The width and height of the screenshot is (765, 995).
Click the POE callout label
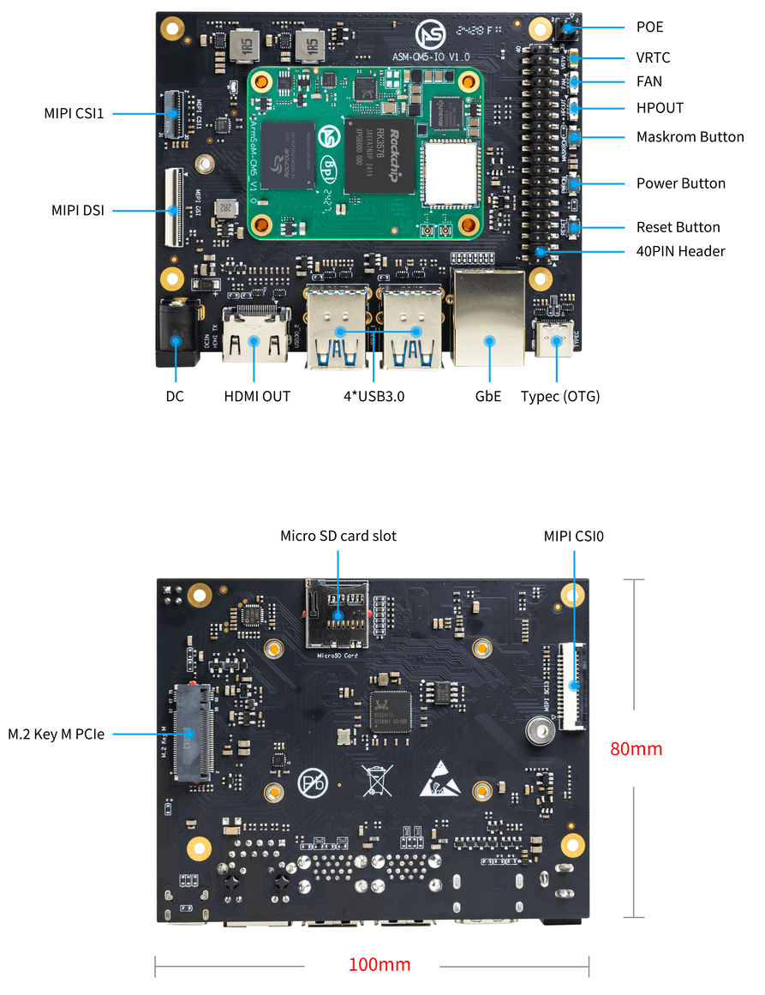tap(649, 27)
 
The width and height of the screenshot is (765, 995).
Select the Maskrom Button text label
tap(690, 137)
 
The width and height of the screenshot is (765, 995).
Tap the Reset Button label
tap(678, 227)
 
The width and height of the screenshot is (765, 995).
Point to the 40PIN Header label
tap(680, 251)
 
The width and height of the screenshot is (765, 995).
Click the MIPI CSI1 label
tap(75, 113)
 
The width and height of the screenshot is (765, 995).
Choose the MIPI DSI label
tap(78, 209)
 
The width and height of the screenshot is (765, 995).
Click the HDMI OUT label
tap(257, 396)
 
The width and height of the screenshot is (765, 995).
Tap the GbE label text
tap(488, 396)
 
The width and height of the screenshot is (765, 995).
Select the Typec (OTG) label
tap(560, 396)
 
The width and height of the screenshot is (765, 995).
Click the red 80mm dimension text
tap(636, 748)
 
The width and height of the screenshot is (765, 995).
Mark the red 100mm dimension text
tap(379, 965)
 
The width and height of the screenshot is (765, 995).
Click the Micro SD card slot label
tap(338, 536)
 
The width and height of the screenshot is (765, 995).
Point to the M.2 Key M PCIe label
tap(57, 734)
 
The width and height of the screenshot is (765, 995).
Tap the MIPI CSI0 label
tap(574, 536)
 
